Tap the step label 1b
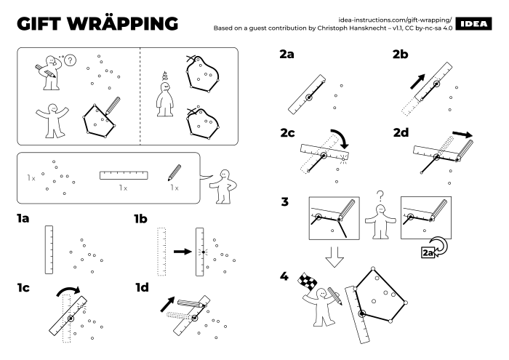tap(144, 218)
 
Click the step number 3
tap(284, 202)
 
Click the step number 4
tap(284, 276)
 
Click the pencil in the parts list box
tap(175, 173)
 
